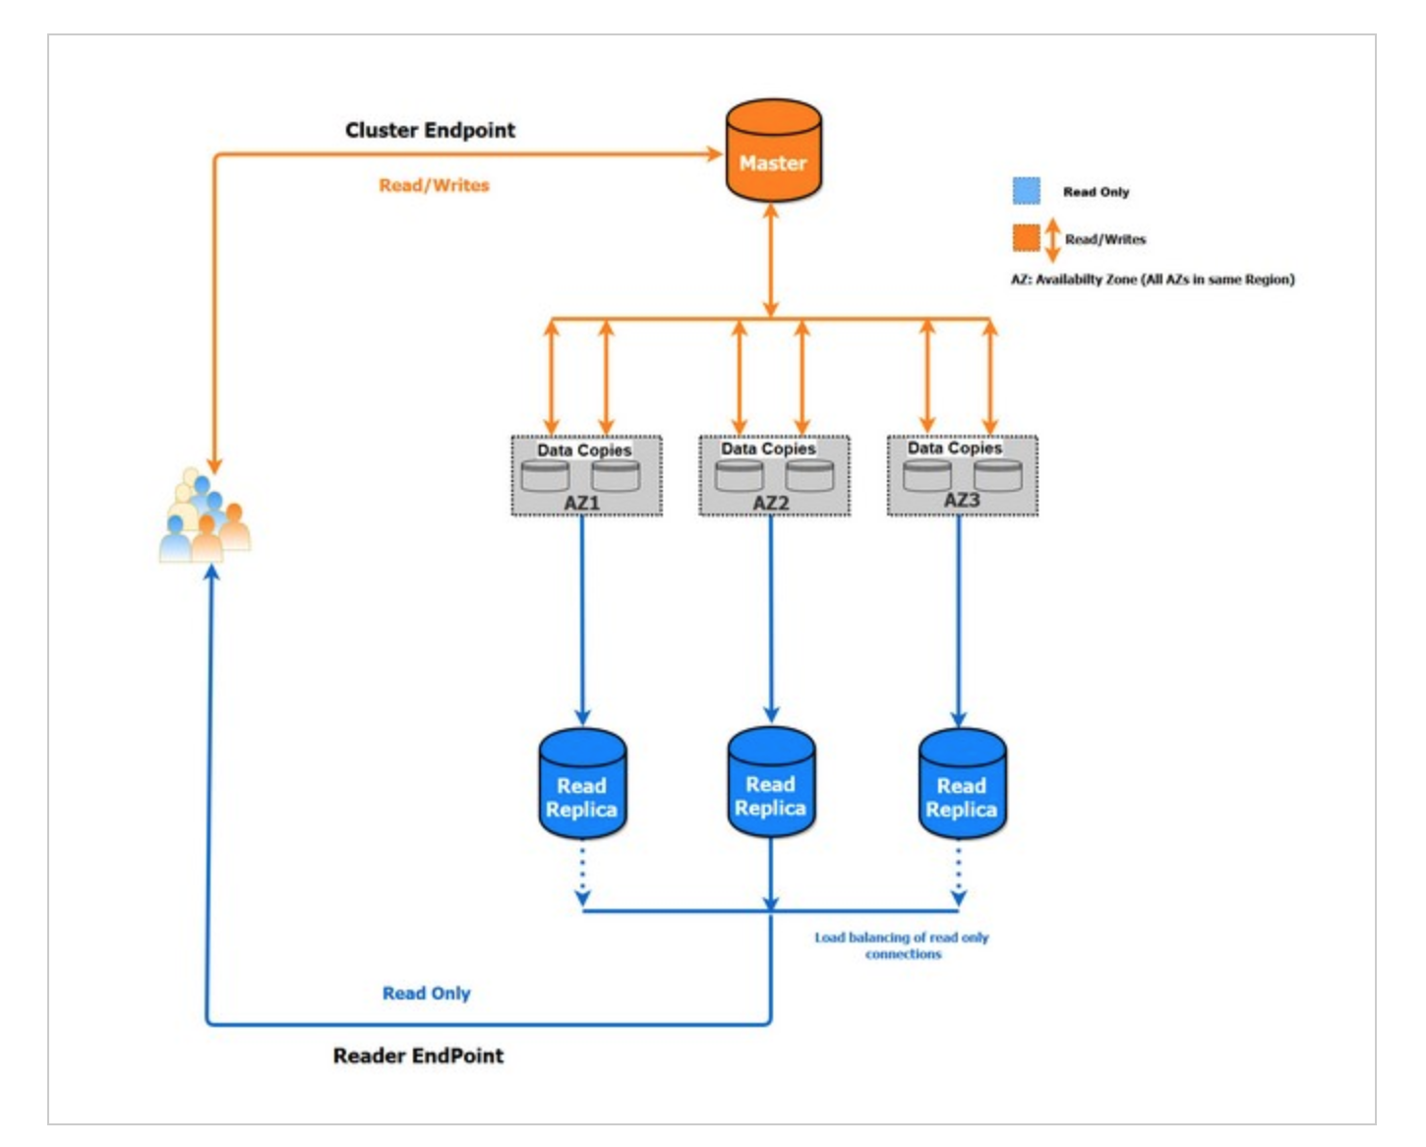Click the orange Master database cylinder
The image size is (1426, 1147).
[x=773, y=151]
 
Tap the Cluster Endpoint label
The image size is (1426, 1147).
[x=430, y=130]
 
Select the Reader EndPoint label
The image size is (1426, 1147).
[x=418, y=1056]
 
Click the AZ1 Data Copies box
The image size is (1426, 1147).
[x=586, y=475]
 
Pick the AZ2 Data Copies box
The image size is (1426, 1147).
[x=774, y=475]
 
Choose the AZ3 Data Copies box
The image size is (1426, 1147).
[x=962, y=475]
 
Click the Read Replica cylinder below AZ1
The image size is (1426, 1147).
[x=582, y=783]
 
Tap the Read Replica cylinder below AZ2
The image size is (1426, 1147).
[x=771, y=782]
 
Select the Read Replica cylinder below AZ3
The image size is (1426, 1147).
[x=962, y=783]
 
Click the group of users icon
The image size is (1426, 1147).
[x=205, y=515]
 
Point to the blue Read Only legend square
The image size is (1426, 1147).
[x=1026, y=191]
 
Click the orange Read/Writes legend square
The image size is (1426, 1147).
[x=1026, y=239]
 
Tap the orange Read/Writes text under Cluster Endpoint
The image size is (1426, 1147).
[x=434, y=185]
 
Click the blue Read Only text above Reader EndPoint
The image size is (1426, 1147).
[x=427, y=994]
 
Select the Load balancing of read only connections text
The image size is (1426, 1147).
[x=902, y=945]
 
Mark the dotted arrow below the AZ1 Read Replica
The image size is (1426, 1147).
[x=582, y=874]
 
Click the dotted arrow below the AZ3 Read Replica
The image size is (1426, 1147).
[x=958, y=874]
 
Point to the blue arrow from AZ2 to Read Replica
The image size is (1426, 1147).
[x=771, y=620]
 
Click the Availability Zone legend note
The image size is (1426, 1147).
[x=1153, y=279]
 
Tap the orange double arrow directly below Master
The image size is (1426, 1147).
[x=771, y=261]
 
